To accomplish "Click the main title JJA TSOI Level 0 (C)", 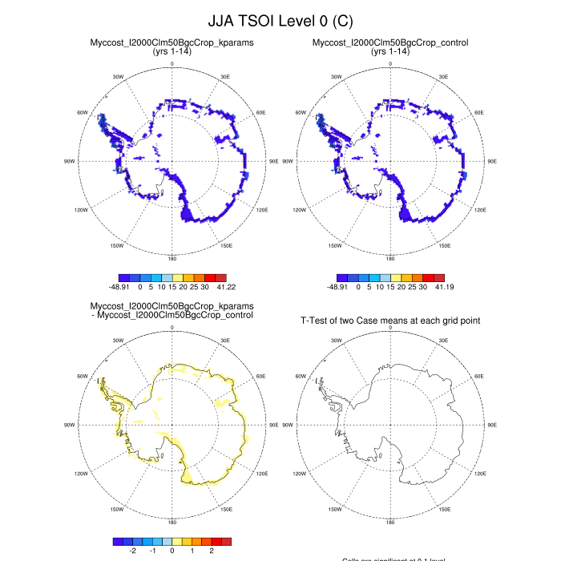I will pyautogui.click(x=280, y=20).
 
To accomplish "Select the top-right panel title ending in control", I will pyautogui.click(x=390, y=42).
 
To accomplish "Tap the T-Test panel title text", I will pyautogui.click(x=390, y=321).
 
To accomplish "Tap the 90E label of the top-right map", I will pyautogui.click(x=491, y=161).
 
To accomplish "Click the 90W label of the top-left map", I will pyautogui.click(x=70, y=161).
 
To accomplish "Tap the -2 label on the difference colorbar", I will pyautogui.click(x=133, y=551).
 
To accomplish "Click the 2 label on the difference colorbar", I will pyautogui.click(x=212, y=551).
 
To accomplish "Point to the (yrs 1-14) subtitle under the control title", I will pyautogui.click(x=390, y=51).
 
